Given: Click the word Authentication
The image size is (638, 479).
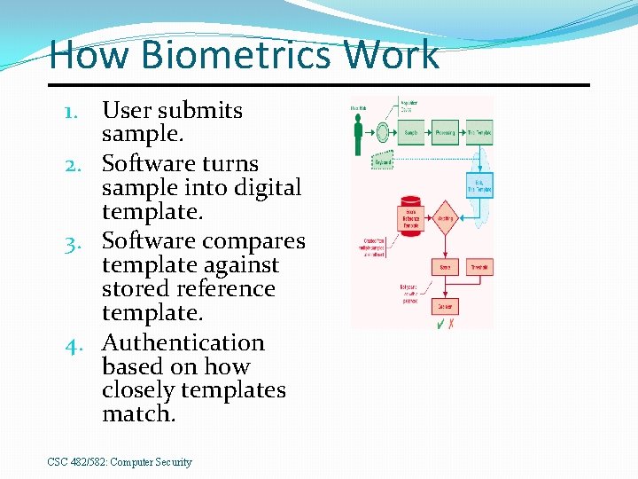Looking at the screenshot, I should [183, 342].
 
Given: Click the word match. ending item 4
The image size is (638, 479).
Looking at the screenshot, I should [139, 414].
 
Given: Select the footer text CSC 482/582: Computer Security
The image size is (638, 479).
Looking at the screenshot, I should [120, 462].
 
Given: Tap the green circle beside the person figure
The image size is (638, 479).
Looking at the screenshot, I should [383, 133].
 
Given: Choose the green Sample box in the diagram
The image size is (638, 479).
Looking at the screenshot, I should [411, 133].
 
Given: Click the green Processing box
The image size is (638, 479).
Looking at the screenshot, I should [445, 133].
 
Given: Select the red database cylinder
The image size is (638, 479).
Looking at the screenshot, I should [410, 213].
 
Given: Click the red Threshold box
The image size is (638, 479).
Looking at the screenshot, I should [479, 266].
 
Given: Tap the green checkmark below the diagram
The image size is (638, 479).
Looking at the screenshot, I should [439, 324].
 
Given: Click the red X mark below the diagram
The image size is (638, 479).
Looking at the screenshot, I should [452, 324].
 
